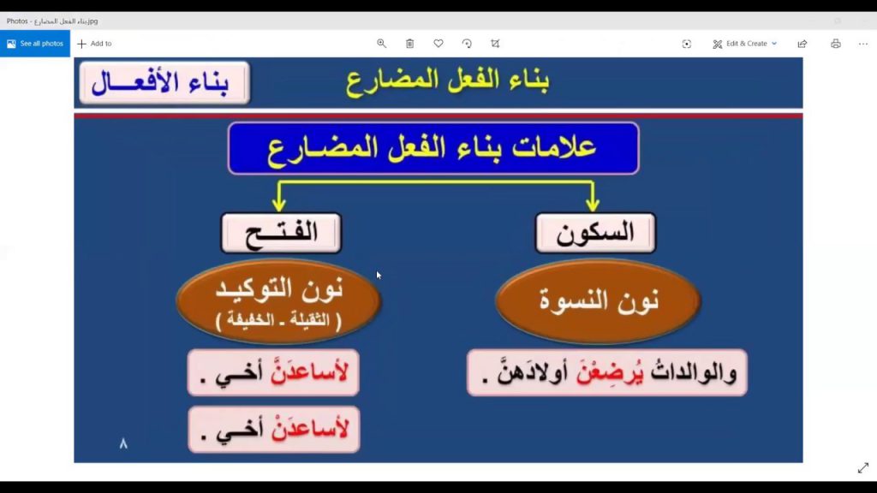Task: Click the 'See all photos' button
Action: [x=35, y=44]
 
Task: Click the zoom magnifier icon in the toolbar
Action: [x=382, y=44]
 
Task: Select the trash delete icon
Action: [x=410, y=44]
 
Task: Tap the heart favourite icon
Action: [x=438, y=44]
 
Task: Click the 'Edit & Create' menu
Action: [x=745, y=44]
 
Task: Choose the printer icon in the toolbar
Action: [x=836, y=44]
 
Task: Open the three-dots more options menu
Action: [x=863, y=44]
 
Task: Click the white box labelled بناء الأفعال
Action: [x=164, y=83]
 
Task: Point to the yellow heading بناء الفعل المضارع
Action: [x=448, y=80]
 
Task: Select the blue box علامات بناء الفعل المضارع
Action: [x=433, y=148]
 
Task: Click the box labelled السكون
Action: [x=595, y=233]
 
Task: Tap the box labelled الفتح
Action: [x=281, y=233]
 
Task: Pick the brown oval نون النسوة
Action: [x=598, y=301]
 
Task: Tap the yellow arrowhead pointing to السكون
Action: [x=591, y=205]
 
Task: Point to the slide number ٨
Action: [x=123, y=443]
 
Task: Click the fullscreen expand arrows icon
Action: [x=862, y=468]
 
